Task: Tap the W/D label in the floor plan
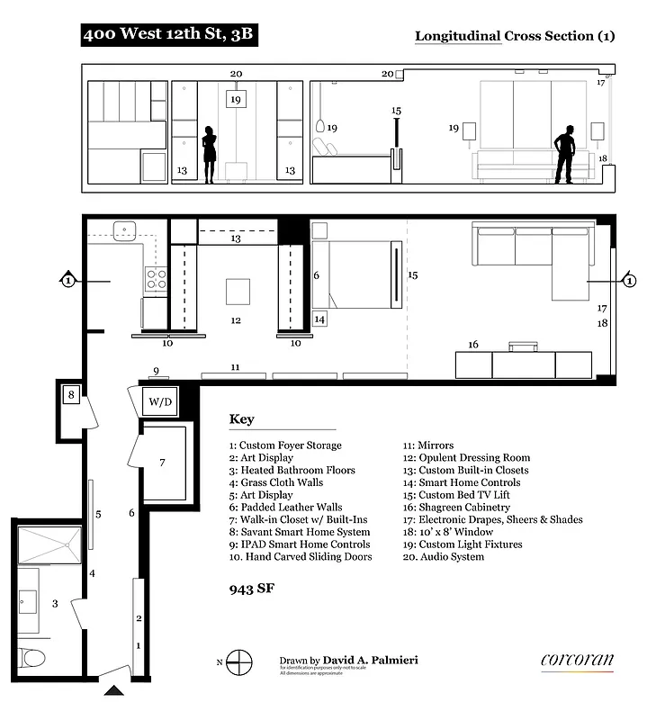pyautogui.click(x=160, y=401)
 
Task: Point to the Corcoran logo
pyautogui.click(x=577, y=661)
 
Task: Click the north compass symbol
pyautogui.click(x=238, y=663)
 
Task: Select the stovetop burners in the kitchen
pyautogui.click(x=155, y=280)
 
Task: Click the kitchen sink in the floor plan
pyautogui.click(x=123, y=230)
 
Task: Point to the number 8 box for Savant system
pyautogui.click(x=71, y=393)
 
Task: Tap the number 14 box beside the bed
pyautogui.click(x=320, y=318)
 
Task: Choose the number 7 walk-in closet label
pyautogui.click(x=163, y=463)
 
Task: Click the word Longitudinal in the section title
pyautogui.click(x=456, y=36)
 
